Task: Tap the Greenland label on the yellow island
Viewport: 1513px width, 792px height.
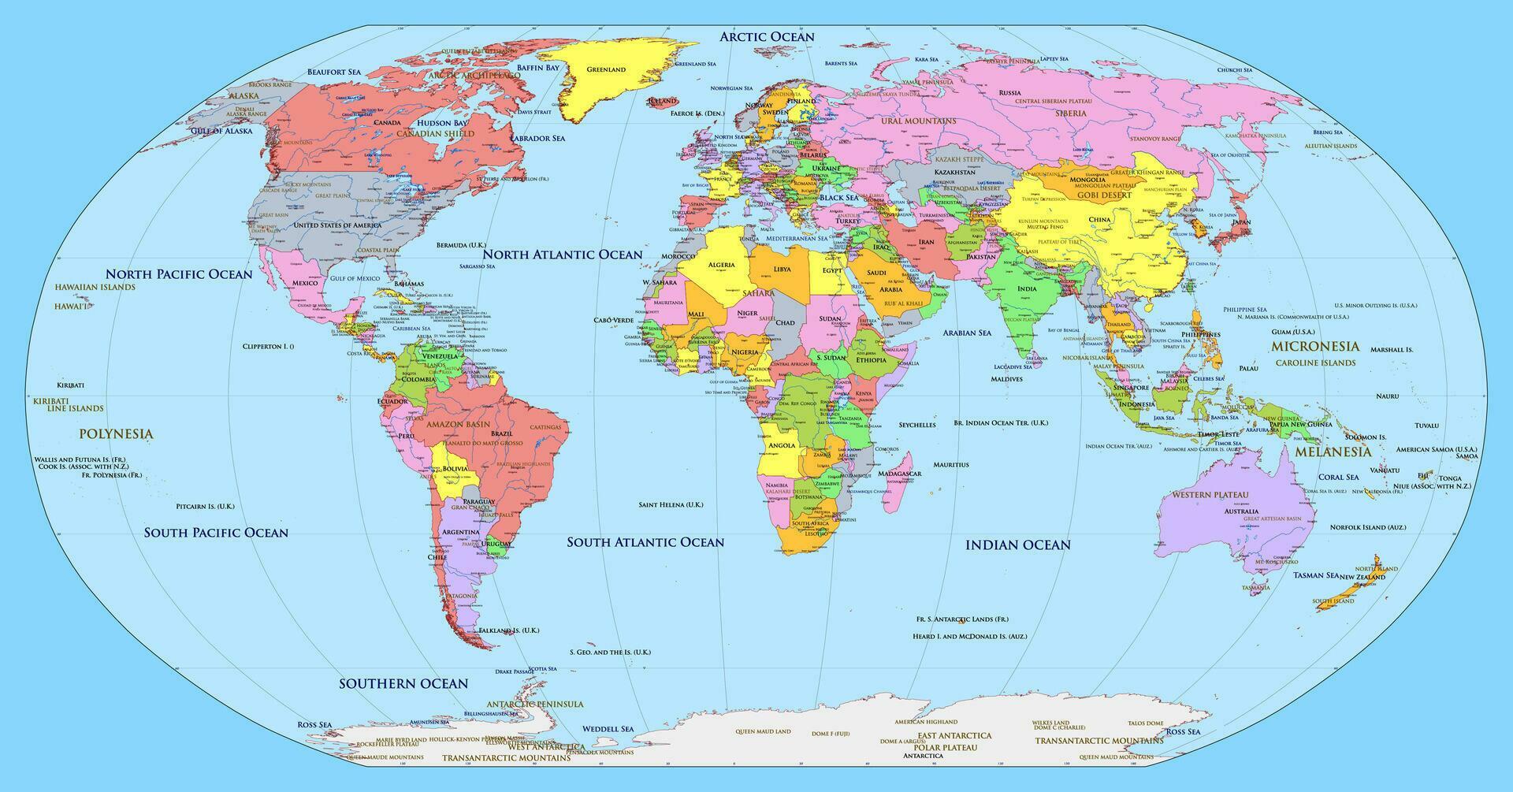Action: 606,69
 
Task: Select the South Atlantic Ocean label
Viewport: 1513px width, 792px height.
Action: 645,542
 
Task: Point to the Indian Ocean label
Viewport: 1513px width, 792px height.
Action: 1018,545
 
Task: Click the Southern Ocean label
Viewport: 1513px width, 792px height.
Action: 403,683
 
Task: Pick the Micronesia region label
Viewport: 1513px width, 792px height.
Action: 1315,346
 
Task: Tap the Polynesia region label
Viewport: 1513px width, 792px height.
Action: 116,433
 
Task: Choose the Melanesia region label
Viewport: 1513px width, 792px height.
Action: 1333,452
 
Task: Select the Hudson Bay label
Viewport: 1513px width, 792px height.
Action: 442,124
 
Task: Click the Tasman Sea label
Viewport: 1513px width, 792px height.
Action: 1315,575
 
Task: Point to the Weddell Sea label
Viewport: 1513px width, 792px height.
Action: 608,729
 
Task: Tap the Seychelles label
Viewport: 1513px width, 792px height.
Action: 917,425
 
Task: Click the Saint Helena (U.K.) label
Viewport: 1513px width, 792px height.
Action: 671,504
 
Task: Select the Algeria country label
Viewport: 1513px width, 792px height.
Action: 722,265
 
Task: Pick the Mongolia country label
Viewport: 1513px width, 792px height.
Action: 1090,180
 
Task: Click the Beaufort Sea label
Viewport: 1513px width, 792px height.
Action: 333,72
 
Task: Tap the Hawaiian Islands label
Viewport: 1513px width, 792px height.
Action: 95,287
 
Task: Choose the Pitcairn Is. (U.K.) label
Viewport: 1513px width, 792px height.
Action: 205,506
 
